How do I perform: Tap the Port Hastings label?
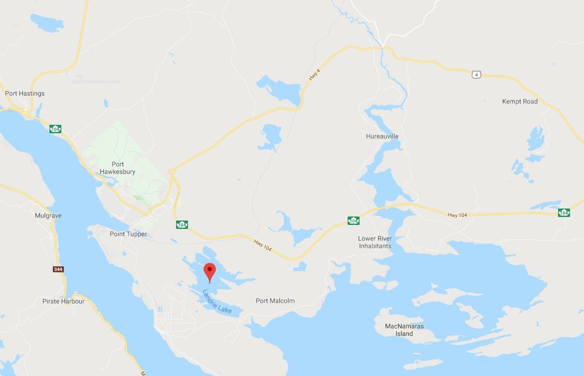[24, 93]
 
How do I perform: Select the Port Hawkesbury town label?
[117, 168]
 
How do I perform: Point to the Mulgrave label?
[49, 215]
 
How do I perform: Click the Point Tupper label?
[128, 234]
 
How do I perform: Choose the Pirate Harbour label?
[63, 302]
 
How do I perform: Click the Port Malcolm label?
[275, 301]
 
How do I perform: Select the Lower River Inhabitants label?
[375, 242]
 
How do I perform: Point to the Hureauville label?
[382, 136]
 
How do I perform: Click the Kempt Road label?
[520, 102]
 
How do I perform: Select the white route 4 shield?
[476, 74]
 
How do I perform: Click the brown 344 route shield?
[58, 269]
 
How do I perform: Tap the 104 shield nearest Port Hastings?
[55, 129]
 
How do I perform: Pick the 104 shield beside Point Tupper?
[182, 224]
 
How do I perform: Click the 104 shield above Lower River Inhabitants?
[353, 220]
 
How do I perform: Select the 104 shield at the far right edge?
[564, 212]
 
